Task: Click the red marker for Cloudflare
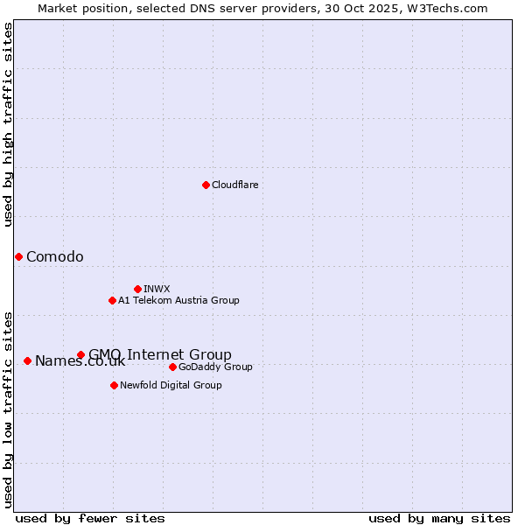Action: [206, 185]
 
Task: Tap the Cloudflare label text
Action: [235, 185]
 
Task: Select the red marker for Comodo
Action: [18, 256]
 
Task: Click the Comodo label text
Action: [55, 256]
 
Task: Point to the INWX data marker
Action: [137, 289]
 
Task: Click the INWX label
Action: [157, 289]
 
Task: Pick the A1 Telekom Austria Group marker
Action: [112, 300]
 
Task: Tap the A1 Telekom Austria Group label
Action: [179, 300]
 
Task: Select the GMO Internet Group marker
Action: [80, 354]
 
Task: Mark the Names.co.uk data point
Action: [27, 360]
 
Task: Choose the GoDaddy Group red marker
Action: [172, 367]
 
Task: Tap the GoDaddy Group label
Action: [215, 367]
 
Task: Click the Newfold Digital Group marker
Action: [114, 385]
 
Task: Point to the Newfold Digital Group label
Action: [171, 385]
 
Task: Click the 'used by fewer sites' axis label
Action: [90, 518]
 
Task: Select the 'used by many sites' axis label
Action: [439, 518]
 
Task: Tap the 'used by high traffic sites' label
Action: [9, 124]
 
